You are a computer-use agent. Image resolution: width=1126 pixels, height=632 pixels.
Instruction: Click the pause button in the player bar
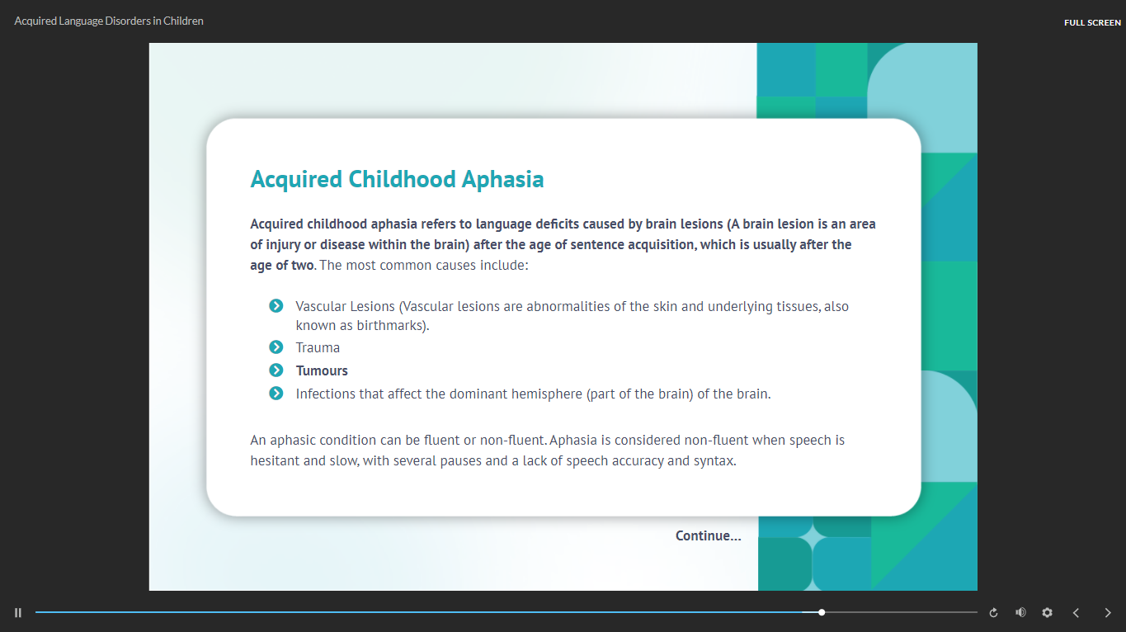tap(18, 612)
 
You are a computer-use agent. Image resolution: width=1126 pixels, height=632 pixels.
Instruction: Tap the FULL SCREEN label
tap(1092, 22)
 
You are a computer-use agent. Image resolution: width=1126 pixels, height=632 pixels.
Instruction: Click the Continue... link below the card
tap(708, 536)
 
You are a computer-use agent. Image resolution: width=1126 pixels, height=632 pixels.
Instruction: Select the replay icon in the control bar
tap(993, 612)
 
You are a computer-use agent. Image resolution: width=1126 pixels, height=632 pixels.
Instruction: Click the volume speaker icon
tap(1020, 612)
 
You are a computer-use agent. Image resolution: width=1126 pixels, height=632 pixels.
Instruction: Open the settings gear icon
tap(1047, 612)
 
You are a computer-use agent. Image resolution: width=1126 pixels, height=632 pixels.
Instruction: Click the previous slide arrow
tap(1076, 612)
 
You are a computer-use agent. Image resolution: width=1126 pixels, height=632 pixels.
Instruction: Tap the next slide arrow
tap(1108, 612)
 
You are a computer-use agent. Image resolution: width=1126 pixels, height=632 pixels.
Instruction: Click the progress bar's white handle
tap(822, 612)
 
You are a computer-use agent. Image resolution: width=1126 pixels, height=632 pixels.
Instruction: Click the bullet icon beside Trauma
tap(276, 347)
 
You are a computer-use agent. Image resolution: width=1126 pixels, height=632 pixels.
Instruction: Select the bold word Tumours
tap(322, 370)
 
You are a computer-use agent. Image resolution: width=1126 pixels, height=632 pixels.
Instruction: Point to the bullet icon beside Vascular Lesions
tap(276, 306)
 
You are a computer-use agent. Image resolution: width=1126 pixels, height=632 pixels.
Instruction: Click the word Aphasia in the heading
tap(502, 180)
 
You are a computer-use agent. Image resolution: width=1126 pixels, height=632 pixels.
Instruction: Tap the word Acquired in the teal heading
tap(296, 180)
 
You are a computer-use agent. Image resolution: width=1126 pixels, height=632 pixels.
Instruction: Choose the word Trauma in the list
tap(318, 347)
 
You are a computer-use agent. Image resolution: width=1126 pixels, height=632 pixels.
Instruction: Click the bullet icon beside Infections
tap(276, 394)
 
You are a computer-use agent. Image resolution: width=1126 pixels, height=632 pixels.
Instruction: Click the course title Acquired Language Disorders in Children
tap(109, 21)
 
